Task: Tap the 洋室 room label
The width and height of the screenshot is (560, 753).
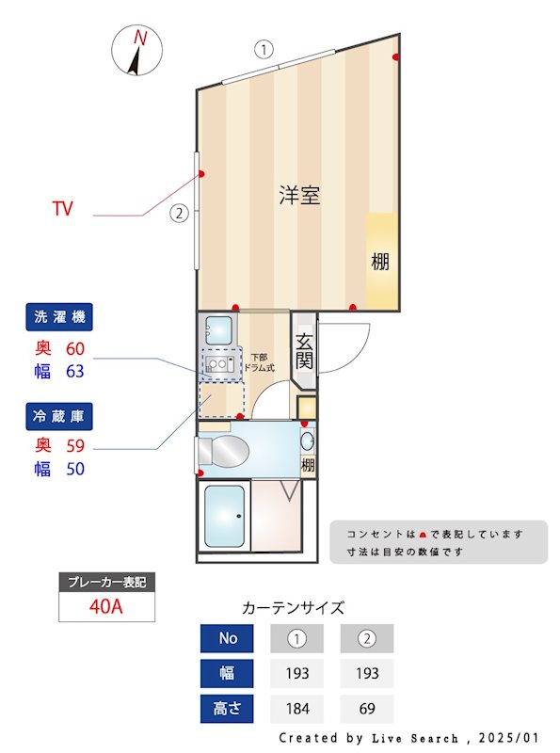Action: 299,196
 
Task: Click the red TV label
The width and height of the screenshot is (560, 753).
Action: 63,207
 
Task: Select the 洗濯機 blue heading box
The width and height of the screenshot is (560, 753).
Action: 59,318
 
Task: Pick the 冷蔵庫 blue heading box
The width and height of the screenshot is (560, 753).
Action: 59,415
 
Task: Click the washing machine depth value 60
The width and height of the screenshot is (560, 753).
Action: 74,348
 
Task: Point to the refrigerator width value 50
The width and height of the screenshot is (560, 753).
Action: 74,468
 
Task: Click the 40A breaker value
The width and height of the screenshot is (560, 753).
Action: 106,606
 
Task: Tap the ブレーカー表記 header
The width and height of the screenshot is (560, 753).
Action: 106,582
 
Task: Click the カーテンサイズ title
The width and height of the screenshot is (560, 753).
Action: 293,608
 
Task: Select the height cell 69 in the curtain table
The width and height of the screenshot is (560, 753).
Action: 367,709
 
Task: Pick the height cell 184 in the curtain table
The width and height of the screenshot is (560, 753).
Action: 297,709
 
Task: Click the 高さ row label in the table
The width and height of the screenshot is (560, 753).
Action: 228,709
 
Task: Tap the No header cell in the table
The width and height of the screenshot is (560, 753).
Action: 228,638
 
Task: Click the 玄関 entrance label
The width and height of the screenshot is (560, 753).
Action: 306,351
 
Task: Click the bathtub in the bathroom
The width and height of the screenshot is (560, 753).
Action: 224,518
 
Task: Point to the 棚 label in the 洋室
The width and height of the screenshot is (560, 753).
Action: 379,262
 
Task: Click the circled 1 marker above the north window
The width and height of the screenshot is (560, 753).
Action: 265,47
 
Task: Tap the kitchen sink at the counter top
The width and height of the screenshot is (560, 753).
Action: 218,330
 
